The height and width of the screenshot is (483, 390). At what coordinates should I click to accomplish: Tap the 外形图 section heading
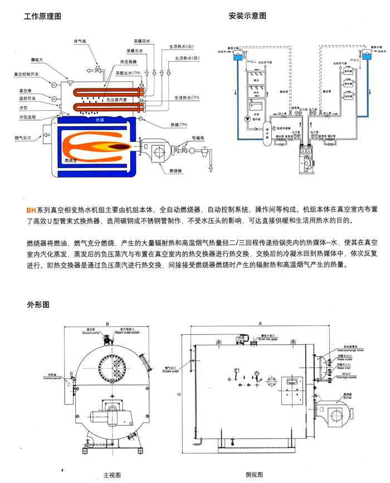click(x=38, y=305)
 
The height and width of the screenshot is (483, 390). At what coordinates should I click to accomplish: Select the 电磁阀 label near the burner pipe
click(x=199, y=137)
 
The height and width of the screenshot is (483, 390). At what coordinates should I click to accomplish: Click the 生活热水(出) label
click(x=181, y=47)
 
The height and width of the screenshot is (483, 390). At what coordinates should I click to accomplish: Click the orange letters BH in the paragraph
click(x=31, y=210)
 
